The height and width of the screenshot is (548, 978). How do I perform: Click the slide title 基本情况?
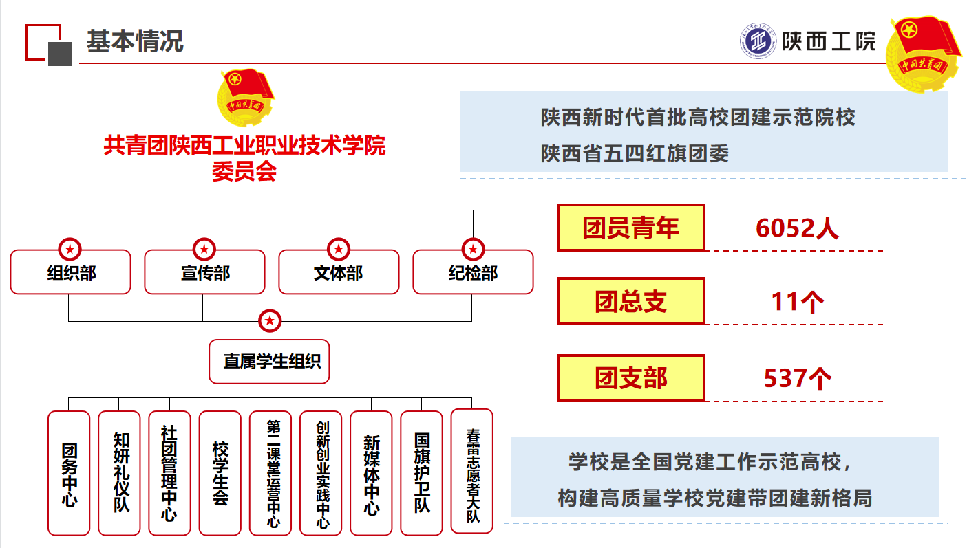135,41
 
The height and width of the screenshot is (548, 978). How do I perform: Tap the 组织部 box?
70,272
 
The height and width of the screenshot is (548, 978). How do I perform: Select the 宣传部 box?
204,272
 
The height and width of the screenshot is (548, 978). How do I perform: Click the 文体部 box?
339,272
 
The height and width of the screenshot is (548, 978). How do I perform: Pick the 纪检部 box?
473,272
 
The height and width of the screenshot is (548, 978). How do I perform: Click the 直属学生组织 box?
269,361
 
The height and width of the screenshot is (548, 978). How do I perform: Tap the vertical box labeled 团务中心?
69,473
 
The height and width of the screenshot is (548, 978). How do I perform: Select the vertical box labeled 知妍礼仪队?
119,473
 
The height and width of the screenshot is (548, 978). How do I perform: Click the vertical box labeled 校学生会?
220,473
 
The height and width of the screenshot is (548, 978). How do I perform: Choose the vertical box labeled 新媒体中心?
371,473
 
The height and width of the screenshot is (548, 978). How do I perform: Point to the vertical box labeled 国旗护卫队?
421,473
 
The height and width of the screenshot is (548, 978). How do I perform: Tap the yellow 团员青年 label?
630,228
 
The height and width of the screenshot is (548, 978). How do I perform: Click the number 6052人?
797,228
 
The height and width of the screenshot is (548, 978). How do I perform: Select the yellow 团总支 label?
630,301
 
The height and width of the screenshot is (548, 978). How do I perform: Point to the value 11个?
797,302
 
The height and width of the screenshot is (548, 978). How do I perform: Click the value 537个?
797,378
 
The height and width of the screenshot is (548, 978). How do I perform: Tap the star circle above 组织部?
70,248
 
